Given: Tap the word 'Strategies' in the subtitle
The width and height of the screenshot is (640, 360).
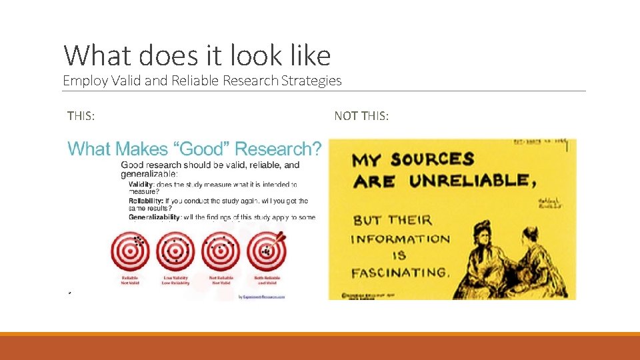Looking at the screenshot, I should [311, 81].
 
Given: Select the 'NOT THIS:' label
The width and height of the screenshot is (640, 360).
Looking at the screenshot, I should [361, 117].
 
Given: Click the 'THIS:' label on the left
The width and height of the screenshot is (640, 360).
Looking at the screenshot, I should [81, 117].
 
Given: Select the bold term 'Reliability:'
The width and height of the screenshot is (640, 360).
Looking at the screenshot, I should [145, 201].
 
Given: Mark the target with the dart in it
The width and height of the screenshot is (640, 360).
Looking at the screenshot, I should [267, 251].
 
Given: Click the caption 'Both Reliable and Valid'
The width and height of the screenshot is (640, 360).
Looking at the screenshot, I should [267, 280].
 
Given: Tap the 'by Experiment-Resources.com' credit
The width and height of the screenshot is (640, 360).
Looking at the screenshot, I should [261, 297].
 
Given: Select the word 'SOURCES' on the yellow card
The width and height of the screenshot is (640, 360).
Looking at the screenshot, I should [432, 159].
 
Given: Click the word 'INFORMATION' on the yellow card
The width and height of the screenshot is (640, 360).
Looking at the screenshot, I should [400, 239].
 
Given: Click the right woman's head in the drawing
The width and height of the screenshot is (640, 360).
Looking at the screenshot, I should [531, 235].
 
